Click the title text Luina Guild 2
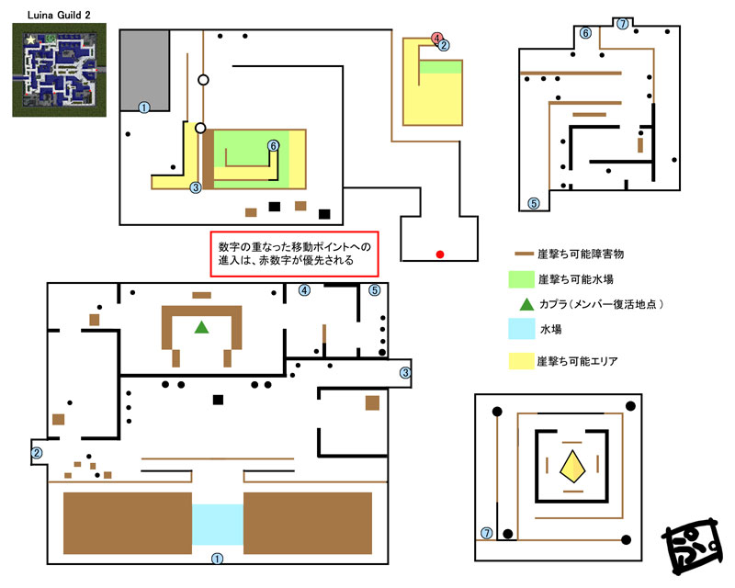pyautogui.click(x=59, y=15)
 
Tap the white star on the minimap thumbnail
pyautogui.click(x=31, y=40)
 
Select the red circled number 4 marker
pyautogui.click(x=436, y=38)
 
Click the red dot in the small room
pyautogui.click(x=440, y=254)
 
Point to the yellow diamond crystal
pyautogui.click(x=572, y=467)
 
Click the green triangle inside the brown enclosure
pyautogui.click(x=201, y=327)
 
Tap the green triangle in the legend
pyautogui.click(x=526, y=304)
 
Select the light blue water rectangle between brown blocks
pyautogui.click(x=218, y=525)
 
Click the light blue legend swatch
pyautogui.click(x=522, y=329)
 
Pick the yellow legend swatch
pyautogui.click(x=522, y=361)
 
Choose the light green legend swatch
pyautogui.click(x=522, y=279)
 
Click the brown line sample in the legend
pyautogui.click(x=524, y=254)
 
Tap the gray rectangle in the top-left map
pyautogui.click(x=145, y=71)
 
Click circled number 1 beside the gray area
pyautogui.click(x=144, y=107)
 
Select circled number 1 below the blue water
pyautogui.click(x=217, y=559)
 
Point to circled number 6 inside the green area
pyautogui.click(x=273, y=146)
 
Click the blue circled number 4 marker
pyautogui.click(x=304, y=290)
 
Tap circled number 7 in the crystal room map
pyautogui.click(x=487, y=533)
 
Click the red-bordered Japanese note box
pyautogui.click(x=294, y=254)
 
